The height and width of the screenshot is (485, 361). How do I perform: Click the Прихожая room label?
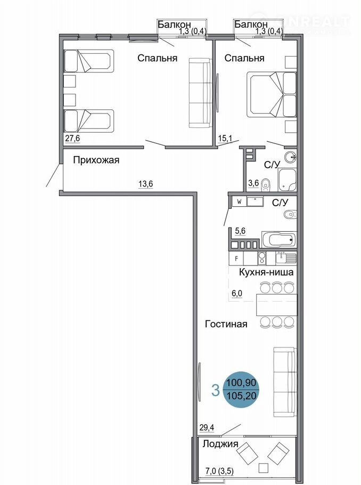96,160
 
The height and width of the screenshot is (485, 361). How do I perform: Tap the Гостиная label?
226,324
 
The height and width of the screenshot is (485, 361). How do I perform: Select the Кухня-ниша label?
266,272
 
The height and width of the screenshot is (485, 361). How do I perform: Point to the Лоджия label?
220,444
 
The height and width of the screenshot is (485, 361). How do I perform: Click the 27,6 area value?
72,138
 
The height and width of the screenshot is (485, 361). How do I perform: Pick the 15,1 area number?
225,138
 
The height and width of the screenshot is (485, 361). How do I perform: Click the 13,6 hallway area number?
145,184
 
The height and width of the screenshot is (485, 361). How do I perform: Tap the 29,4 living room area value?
207,428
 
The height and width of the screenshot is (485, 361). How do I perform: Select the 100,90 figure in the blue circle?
241,383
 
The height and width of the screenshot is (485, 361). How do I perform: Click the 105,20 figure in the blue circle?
241,395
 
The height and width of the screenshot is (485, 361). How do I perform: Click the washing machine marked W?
239,201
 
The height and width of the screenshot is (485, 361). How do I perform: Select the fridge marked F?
236,258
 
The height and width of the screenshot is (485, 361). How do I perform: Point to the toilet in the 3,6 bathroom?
265,185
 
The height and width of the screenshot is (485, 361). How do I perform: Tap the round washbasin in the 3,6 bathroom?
290,157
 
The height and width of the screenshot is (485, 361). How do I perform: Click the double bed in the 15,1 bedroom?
272,94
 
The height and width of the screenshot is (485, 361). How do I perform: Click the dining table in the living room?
277,305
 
